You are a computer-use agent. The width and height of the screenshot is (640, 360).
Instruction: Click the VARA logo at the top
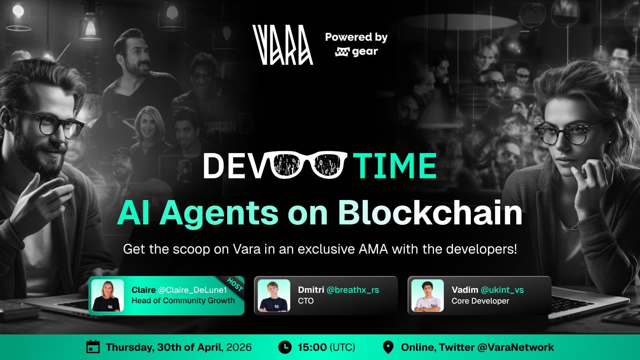pyautogui.click(x=282, y=45)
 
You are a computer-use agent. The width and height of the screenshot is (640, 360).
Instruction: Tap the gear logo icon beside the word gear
pyautogui.click(x=342, y=52)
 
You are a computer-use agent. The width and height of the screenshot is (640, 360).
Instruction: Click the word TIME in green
pyautogui.click(x=394, y=166)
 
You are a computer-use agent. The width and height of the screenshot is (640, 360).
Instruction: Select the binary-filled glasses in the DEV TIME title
pyautogui.click(x=309, y=165)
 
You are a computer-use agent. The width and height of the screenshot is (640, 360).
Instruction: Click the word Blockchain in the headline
pyautogui.click(x=430, y=213)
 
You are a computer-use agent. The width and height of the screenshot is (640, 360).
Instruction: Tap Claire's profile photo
pyautogui.click(x=108, y=296)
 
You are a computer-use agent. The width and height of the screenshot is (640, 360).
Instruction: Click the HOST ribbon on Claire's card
pyautogui.click(x=235, y=284)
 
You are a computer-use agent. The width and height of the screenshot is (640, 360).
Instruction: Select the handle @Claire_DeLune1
pyautogui.click(x=192, y=290)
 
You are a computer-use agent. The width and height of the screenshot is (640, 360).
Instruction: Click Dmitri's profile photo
pyautogui.click(x=274, y=296)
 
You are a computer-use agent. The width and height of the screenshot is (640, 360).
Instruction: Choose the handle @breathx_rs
pyautogui.click(x=352, y=290)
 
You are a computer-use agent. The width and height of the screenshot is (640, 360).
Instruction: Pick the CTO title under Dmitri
pyautogui.click(x=306, y=301)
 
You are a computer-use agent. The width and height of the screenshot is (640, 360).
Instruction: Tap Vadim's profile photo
pyautogui.click(x=428, y=296)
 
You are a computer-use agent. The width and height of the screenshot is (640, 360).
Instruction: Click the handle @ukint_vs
pyautogui.click(x=502, y=290)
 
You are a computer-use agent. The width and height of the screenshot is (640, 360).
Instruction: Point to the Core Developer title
pyautogui.click(x=480, y=301)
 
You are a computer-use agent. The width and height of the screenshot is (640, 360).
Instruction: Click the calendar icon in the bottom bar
pyautogui.click(x=93, y=347)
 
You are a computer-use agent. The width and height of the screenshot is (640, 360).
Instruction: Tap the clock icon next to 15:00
pyautogui.click(x=285, y=347)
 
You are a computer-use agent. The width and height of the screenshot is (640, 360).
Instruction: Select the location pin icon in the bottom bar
pyautogui.click(x=388, y=347)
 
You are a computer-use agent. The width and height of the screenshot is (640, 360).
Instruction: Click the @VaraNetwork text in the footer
pyautogui.click(x=516, y=347)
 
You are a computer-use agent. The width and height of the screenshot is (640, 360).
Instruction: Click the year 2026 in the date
pyautogui.click(x=239, y=347)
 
